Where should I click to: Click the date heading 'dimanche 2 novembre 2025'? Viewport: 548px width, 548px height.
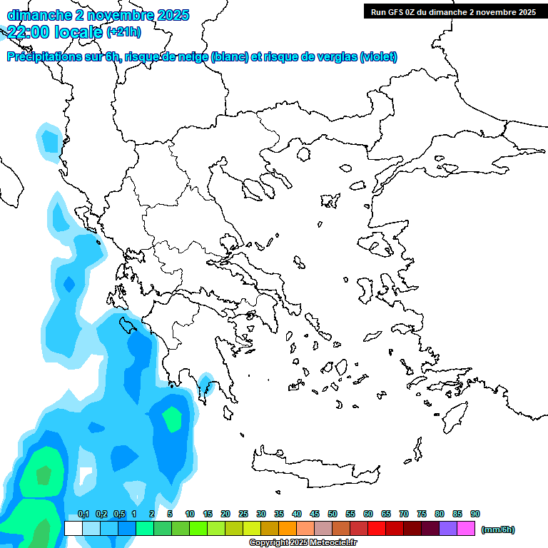(x=98, y=15)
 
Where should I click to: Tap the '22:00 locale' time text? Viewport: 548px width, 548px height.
(x=54, y=31)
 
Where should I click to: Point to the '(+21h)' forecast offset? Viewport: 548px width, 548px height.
(x=123, y=32)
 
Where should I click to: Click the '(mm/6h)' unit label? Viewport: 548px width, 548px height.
(x=498, y=529)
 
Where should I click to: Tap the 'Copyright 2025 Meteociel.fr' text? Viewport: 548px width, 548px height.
(x=303, y=543)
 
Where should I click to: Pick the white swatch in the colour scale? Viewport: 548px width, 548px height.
(x=73, y=528)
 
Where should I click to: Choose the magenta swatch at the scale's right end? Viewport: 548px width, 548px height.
(x=466, y=528)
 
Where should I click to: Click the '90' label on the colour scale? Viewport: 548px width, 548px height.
(x=475, y=514)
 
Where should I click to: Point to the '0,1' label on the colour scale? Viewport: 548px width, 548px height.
(x=83, y=514)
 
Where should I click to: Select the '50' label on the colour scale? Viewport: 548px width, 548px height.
(x=333, y=514)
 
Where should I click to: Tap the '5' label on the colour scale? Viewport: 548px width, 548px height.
(x=170, y=514)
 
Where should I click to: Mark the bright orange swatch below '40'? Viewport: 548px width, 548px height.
(x=288, y=528)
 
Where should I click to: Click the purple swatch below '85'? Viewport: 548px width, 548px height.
(x=448, y=528)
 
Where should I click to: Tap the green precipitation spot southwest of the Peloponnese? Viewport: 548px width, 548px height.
(x=172, y=419)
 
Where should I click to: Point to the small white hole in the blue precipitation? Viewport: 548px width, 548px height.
(x=86, y=476)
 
